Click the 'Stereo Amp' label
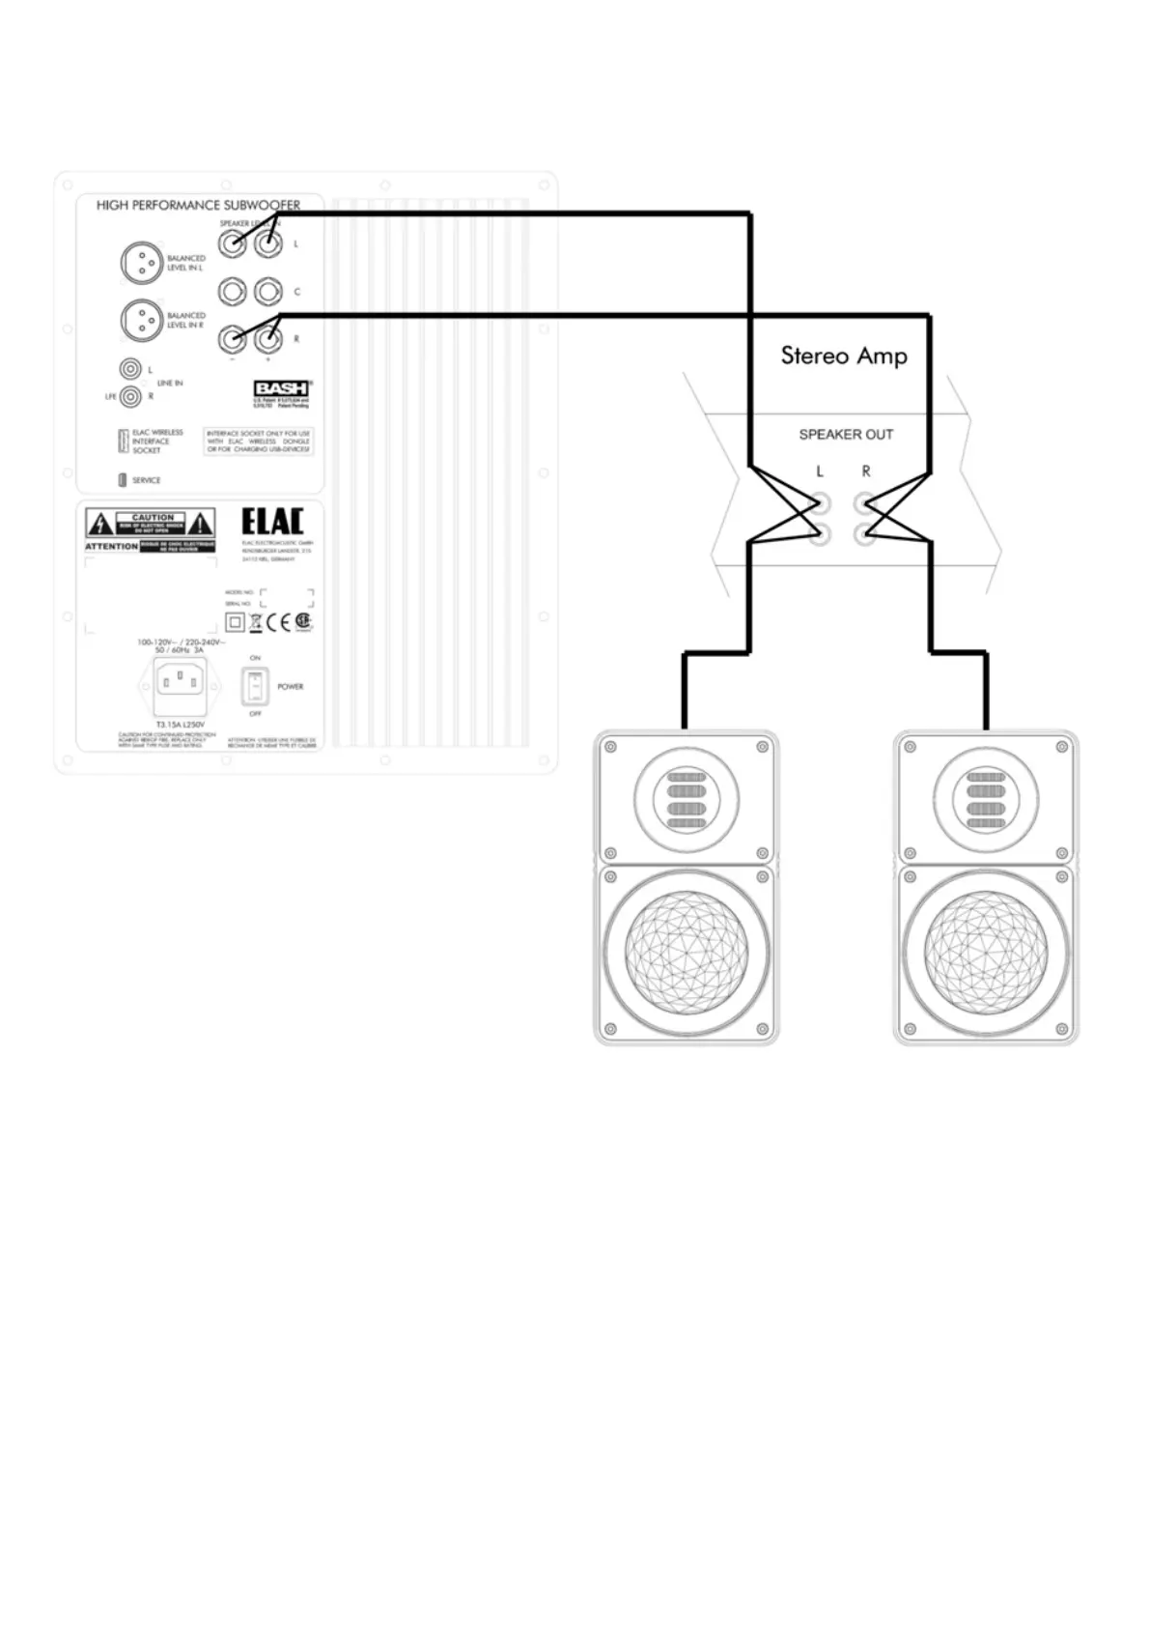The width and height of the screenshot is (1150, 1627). tap(844, 356)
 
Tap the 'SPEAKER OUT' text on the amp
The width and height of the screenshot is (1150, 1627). tap(846, 435)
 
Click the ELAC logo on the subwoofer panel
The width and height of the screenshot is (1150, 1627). tap(272, 522)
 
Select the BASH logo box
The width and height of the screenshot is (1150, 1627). tap(281, 388)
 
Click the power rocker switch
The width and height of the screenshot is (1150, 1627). tap(255, 686)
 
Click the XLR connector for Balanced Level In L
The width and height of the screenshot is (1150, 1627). tap(141, 263)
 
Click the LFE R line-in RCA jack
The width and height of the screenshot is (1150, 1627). tap(130, 395)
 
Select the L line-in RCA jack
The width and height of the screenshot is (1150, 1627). tap(130, 369)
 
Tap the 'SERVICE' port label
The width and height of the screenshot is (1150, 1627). tap(147, 480)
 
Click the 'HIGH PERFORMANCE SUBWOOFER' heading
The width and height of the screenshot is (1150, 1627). tap(198, 205)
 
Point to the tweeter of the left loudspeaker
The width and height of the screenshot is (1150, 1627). tap(686, 801)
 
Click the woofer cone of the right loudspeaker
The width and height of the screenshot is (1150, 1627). tap(985, 952)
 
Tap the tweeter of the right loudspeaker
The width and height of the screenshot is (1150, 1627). tap(985, 801)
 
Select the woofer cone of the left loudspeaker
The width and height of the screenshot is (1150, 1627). tap(686, 952)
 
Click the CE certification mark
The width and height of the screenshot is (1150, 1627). tap(278, 621)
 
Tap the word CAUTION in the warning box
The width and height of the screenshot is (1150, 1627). tap(153, 517)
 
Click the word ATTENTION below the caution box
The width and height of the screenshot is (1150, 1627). tap(112, 547)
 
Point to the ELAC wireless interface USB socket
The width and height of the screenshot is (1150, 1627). tap(123, 442)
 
